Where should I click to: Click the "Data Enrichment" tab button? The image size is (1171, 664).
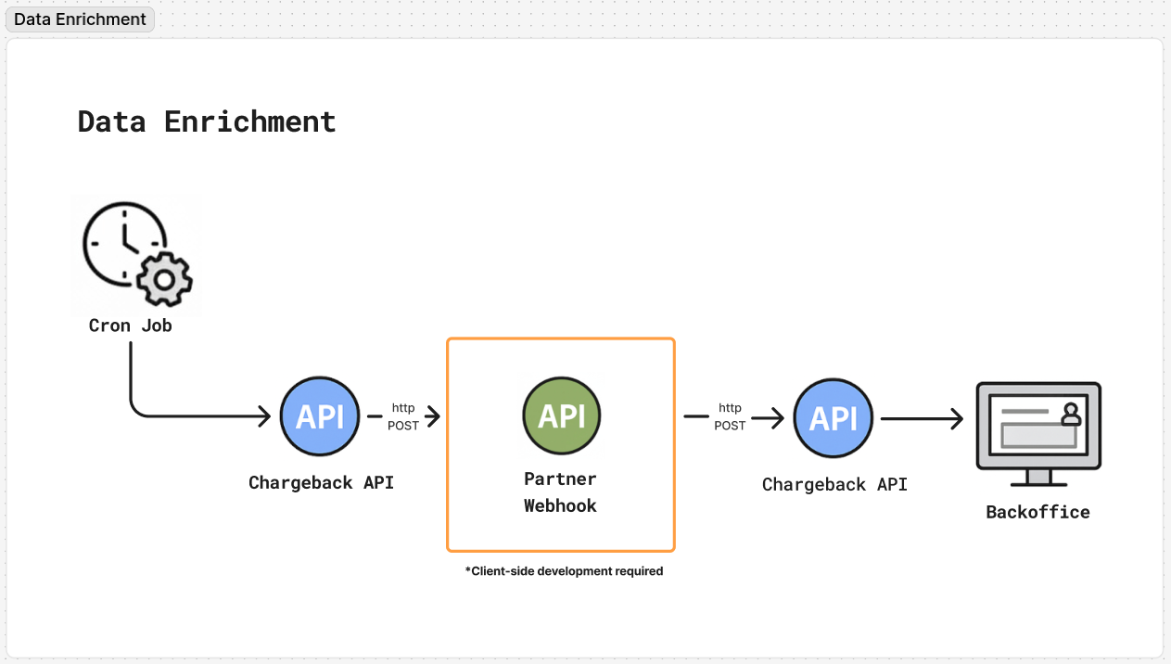click(80, 19)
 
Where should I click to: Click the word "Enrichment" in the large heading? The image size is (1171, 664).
click(249, 121)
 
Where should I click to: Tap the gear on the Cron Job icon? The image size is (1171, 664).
click(164, 277)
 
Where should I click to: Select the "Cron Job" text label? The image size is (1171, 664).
click(130, 326)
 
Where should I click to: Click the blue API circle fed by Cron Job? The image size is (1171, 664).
click(320, 417)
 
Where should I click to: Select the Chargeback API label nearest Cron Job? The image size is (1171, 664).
click(321, 482)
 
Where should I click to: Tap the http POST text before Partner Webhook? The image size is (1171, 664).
click(403, 416)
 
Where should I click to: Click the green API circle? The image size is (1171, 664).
click(561, 416)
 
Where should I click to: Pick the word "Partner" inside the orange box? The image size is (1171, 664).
click(560, 479)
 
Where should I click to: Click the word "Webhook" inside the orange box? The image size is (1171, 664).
click(560, 505)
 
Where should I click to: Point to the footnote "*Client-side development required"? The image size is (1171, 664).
click(564, 571)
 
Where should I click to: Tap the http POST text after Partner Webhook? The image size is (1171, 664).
click(730, 416)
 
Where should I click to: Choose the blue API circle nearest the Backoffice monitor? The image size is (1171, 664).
click(833, 419)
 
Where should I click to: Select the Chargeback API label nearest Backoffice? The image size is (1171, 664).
click(834, 484)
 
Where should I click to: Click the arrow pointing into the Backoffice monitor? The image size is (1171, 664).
click(955, 419)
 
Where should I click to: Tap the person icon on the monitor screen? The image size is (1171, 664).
click(1071, 414)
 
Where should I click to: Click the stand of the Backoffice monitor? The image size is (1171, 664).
click(1038, 478)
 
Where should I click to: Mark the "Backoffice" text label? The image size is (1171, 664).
click(1037, 512)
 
